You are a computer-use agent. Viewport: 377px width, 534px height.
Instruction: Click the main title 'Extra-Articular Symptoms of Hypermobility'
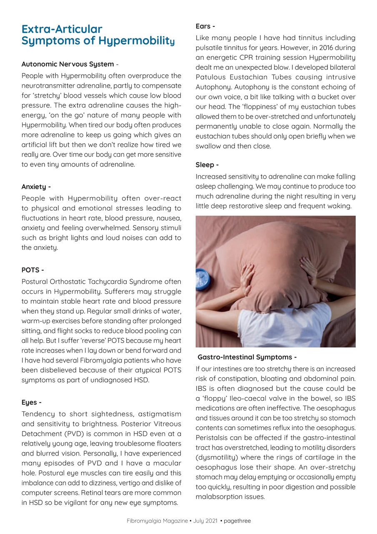tap(97, 35)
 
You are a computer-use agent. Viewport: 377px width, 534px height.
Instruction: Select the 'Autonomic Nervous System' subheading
tap(67, 64)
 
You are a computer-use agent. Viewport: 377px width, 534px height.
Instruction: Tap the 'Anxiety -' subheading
tap(36, 187)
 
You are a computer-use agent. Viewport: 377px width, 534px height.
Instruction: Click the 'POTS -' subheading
tap(32, 270)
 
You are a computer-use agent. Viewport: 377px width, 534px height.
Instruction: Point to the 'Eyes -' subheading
tap(31, 403)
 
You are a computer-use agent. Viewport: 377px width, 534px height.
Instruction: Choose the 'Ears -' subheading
tap(205, 26)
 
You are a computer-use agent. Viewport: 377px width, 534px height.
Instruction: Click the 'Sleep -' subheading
tap(207, 165)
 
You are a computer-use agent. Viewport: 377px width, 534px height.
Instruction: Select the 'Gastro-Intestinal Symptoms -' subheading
tap(247, 357)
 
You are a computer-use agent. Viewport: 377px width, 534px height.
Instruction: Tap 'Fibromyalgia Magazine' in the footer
tap(157, 521)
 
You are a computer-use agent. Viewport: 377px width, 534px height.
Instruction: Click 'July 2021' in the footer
tap(205, 521)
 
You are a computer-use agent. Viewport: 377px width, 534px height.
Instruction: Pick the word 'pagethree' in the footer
tap(237, 521)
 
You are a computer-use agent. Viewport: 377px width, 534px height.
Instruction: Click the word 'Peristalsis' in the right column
tap(212, 438)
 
